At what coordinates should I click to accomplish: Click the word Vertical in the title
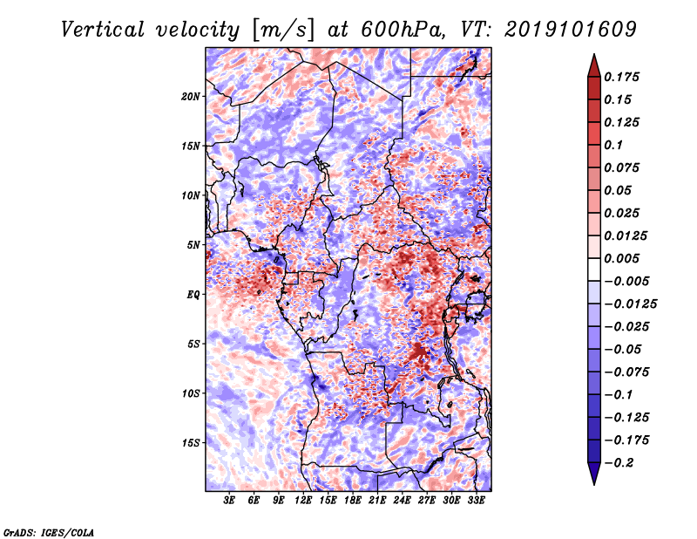point(103,30)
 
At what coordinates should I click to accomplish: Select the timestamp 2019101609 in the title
point(571,30)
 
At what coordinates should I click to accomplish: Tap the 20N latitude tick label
point(191,97)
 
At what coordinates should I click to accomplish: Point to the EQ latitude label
point(193,295)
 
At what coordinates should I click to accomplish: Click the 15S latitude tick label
point(191,443)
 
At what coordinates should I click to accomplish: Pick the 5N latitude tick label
point(193,245)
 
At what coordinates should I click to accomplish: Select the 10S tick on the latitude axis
point(191,394)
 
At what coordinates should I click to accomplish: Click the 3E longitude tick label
point(229,501)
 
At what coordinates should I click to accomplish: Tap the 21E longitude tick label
point(377,501)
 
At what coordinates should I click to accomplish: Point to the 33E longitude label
point(476,501)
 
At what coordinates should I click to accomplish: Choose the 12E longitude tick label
point(303,501)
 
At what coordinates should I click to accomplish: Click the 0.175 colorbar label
point(621,77)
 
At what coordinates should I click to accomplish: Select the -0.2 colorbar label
point(619,463)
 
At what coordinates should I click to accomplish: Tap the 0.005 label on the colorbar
point(621,258)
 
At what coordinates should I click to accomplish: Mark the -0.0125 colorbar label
point(630,304)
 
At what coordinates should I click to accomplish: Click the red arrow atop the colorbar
point(594,66)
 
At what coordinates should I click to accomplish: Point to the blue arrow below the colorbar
point(594,473)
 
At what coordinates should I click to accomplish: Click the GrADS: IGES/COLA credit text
point(49,532)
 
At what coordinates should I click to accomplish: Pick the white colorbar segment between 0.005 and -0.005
point(594,269)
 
